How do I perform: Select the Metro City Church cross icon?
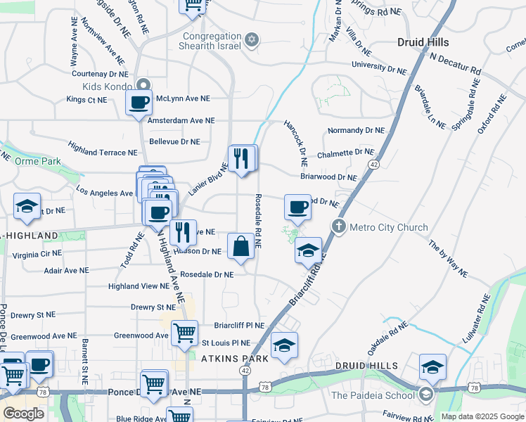(x=339, y=226)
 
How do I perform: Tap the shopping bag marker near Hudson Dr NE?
(x=240, y=247)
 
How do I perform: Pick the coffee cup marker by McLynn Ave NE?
(x=139, y=102)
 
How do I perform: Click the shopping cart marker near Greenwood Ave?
(x=184, y=333)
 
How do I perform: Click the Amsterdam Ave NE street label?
(x=181, y=120)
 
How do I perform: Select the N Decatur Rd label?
(x=456, y=64)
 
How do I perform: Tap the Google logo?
(x=23, y=413)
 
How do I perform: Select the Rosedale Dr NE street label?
(x=207, y=274)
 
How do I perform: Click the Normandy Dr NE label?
(x=356, y=131)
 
